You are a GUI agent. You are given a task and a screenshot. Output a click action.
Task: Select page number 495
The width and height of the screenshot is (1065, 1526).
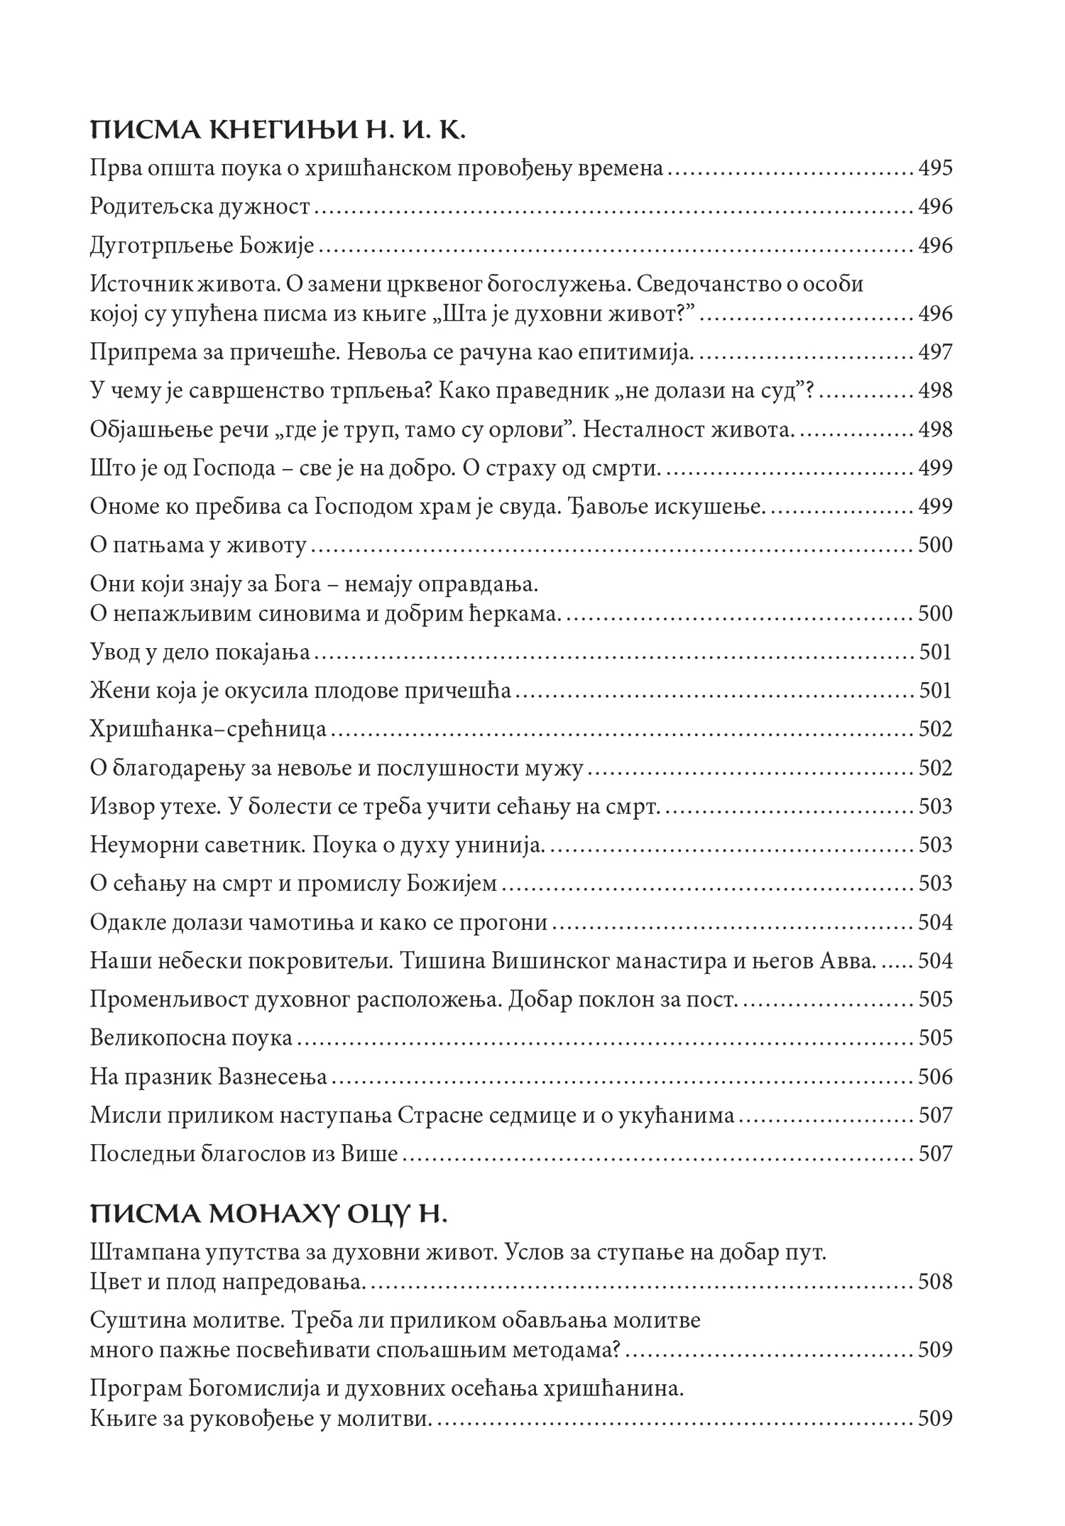tap(935, 169)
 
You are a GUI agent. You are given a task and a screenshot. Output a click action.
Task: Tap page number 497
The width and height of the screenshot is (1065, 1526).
tap(935, 352)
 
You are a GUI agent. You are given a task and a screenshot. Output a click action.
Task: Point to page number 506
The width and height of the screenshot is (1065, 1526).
tap(935, 1077)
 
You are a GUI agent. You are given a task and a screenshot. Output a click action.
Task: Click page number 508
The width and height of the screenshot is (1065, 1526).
tap(935, 1282)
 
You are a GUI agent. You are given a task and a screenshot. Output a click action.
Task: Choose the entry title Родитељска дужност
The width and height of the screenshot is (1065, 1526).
tap(201, 207)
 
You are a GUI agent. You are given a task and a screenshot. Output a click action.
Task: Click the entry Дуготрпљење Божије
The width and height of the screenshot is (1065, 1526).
tap(202, 246)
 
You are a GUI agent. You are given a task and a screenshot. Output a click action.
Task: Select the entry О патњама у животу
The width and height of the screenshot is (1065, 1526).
tap(199, 545)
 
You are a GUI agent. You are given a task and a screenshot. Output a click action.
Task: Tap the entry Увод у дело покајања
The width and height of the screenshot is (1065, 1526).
tap(201, 652)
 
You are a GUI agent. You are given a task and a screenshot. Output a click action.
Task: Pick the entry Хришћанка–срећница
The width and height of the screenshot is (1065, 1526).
tap(209, 730)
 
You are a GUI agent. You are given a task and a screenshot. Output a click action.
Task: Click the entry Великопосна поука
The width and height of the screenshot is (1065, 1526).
tap(192, 1038)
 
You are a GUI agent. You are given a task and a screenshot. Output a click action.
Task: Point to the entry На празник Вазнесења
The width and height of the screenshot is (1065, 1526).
tap(209, 1077)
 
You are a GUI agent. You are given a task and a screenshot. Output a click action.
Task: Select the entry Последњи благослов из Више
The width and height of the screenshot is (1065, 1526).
tap(244, 1154)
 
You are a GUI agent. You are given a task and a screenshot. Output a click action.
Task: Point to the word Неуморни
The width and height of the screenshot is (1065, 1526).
tap(138, 845)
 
